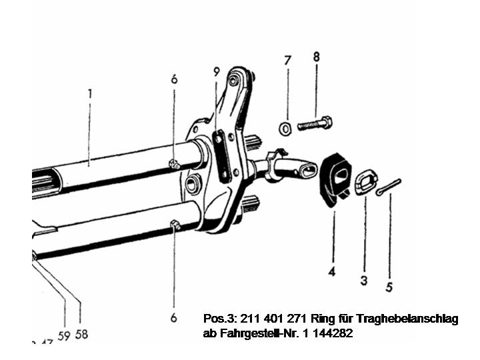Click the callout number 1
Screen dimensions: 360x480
pyautogui.click(x=89, y=93)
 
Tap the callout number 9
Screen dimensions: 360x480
pyautogui.click(x=216, y=71)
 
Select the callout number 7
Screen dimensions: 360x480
pyautogui.click(x=287, y=60)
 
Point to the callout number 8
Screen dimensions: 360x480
pyautogui.click(x=316, y=57)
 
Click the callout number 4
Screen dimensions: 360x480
pyautogui.click(x=331, y=271)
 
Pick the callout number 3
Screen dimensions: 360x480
pyautogui.click(x=364, y=281)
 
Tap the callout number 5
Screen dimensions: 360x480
pyautogui.click(x=389, y=288)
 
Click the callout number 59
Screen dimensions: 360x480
pyautogui.click(x=63, y=335)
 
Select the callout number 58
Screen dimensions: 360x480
pyautogui.click(x=81, y=334)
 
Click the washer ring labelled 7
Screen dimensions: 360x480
pyautogui.click(x=284, y=127)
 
